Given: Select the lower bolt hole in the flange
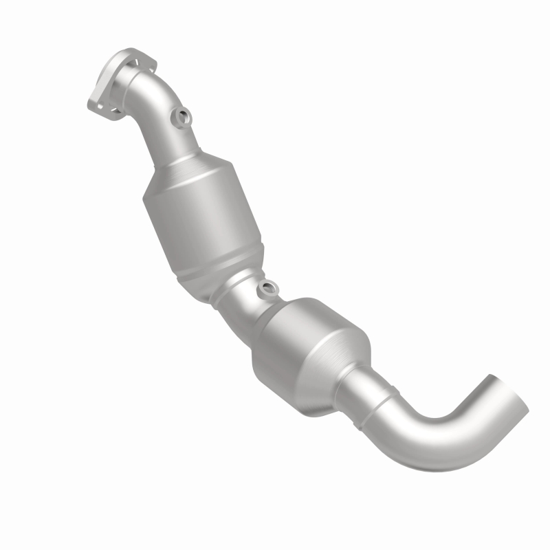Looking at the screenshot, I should coord(96,107).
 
